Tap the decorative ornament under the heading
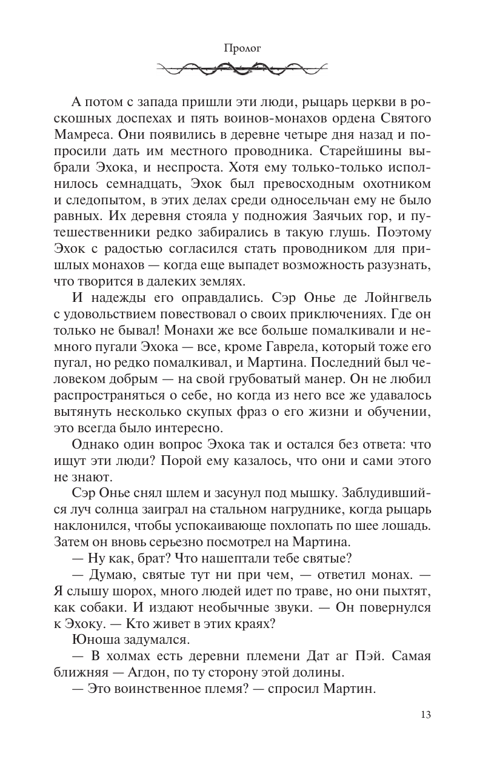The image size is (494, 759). [247, 69]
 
